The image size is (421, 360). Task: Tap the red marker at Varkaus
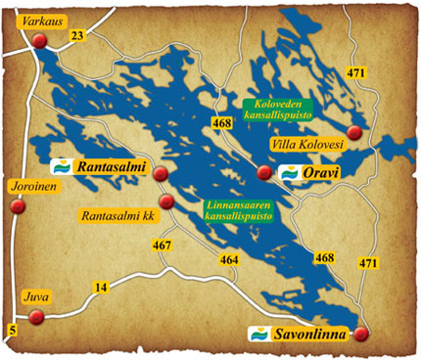coord(40,40)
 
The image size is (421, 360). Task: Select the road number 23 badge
coord(78,36)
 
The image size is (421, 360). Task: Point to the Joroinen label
coord(33,182)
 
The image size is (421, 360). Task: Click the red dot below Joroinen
coord(16,206)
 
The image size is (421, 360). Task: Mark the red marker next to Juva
coord(37,316)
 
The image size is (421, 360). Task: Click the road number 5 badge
coord(13,329)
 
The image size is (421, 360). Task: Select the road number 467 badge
coord(164,247)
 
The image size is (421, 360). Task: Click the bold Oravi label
coord(322,173)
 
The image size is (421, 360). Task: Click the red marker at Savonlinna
coord(362,334)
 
